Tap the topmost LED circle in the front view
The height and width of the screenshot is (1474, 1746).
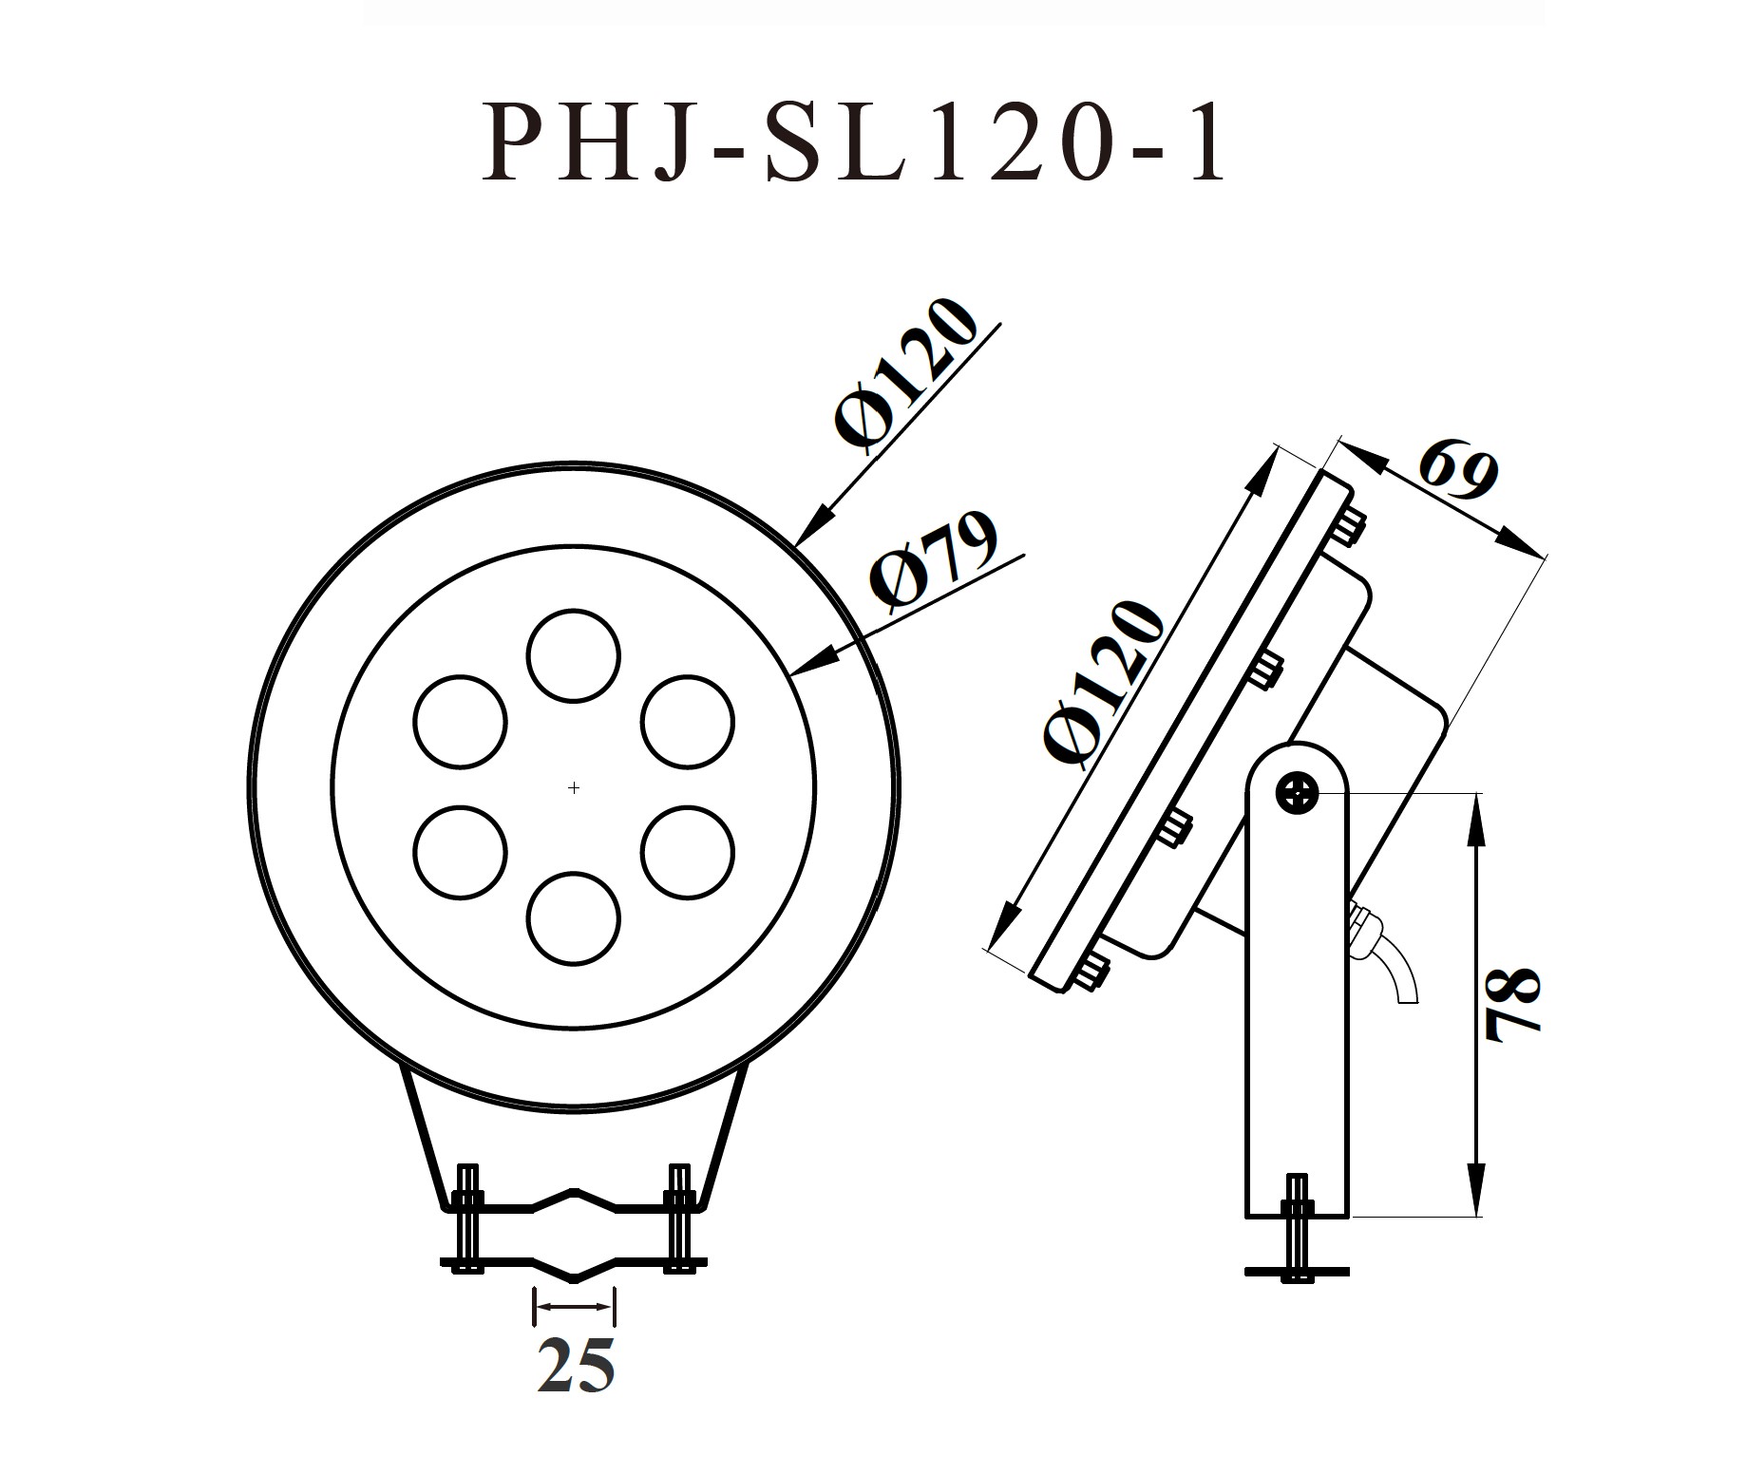pyautogui.click(x=574, y=656)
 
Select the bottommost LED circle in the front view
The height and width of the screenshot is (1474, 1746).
pyautogui.click(x=574, y=918)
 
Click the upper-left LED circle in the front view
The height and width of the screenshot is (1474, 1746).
pyautogui.click(x=461, y=722)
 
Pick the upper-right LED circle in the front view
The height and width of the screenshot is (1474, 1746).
pyautogui.click(x=689, y=722)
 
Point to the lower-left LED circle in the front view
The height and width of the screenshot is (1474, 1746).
pyautogui.click(x=461, y=852)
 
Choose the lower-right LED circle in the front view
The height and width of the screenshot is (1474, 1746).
pyautogui.click(x=689, y=852)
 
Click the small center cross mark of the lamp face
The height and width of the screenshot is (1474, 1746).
pyautogui.click(x=574, y=787)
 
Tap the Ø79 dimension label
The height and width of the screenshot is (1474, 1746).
pyautogui.click(x=936, y=562)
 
